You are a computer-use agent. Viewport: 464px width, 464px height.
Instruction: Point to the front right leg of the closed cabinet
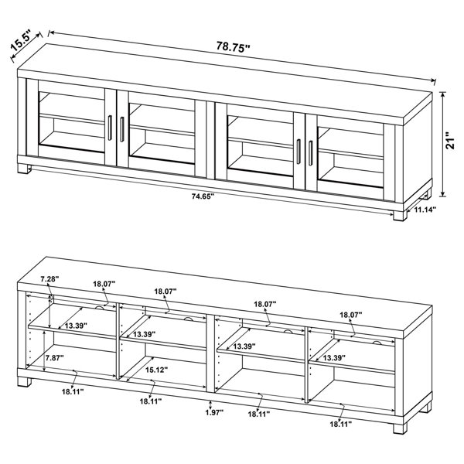coord(400,213)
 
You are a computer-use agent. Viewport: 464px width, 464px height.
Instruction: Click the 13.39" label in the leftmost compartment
coord(76,326)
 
